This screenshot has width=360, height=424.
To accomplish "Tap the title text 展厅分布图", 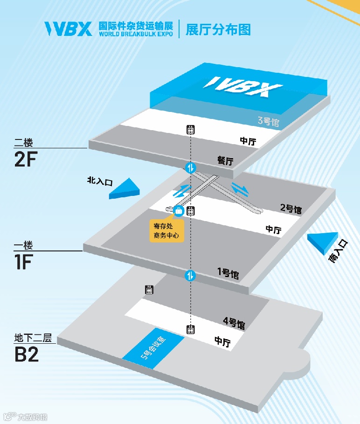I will [x=218, y=29].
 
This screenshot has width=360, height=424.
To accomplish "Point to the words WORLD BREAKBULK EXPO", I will [x=135, y=35].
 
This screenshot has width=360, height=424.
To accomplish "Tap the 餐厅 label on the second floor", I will [x=225, y=160].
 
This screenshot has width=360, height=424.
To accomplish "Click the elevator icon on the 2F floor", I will [x=190, y=130].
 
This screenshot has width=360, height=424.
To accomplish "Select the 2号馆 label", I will [x=291, y=208].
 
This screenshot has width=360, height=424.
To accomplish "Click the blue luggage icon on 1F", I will [x=178, y=211].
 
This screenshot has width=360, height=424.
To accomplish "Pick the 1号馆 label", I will [x=228, y=273].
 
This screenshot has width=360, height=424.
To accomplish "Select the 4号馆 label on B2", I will [x=234, y=322].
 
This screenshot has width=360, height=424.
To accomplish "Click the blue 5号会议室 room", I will [x=152, y=350].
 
